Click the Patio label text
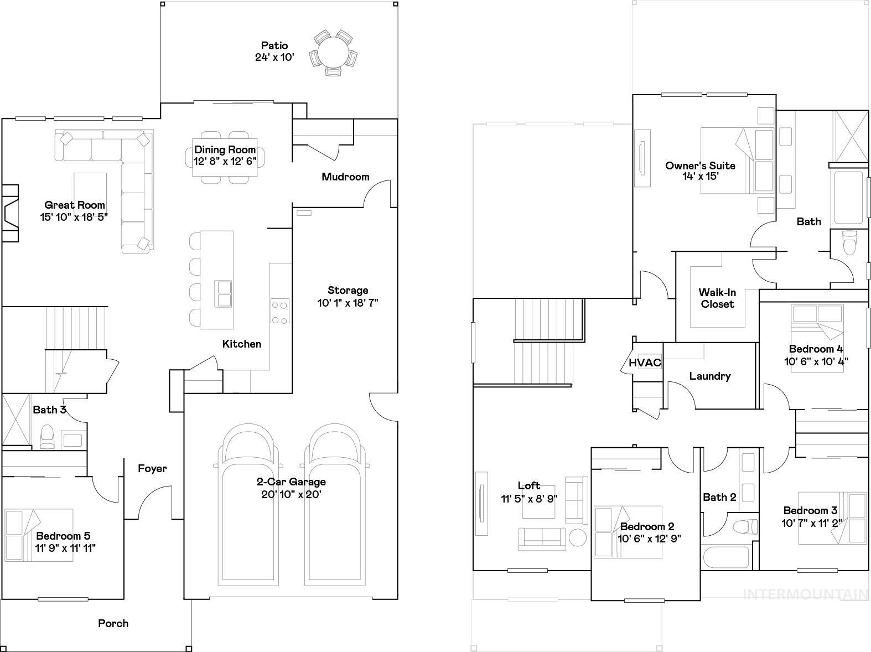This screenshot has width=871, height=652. pyautogui.click(x=274, y=45)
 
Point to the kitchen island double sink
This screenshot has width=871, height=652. pyautogui.click(x=224, y=293)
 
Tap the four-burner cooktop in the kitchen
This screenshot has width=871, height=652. pyautogui.click(x=279, y=311)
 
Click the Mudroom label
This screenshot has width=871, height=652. pyautogui.click(x=345, y=177)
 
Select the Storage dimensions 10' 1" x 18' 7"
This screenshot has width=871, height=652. pyautogui.click(x=348, y=303)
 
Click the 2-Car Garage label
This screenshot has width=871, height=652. pyautogui.click(x=291, y=482)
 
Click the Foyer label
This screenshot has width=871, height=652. pyautogui.click(x=152, y=469)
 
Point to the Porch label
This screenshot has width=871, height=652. pyautogui.click(x=113, y=623)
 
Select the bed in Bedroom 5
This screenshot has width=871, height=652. pyautogui.click(x=39, y=535)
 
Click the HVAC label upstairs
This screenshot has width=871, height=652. pyautogui.click(x=645, y=363)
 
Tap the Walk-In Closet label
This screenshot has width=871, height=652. pyautogui.click(x=717, y=298)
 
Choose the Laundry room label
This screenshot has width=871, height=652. pyautogui.click(x=710, y=376)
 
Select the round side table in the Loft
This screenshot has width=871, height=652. pyautogui.click(x=578, y=537)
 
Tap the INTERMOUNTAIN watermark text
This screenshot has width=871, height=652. pyautogui.click(x=805, y=594)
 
